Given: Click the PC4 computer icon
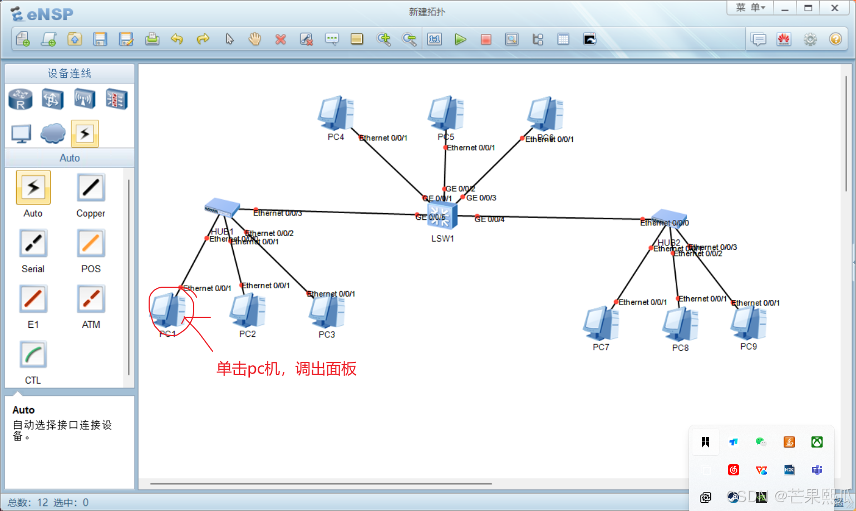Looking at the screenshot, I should click(336, 113).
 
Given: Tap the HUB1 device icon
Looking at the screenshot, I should click(222, 208).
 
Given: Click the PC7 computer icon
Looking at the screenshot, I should click(601, 323).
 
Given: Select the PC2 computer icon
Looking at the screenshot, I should click(248, 311).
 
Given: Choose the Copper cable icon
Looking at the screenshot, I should click(91, 188).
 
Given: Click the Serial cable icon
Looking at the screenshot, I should click(33, 244).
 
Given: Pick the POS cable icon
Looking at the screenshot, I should click(91, 244).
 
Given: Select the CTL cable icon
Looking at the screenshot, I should click(33, 355).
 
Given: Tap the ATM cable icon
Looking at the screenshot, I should click(91, 299).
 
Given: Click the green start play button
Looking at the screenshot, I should click(460, 39).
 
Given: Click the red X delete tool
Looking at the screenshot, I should click(281, 39).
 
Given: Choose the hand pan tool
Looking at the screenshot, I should click(255, 39).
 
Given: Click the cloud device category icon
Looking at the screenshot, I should click(53, 133).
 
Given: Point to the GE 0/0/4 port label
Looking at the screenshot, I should click(489, 219).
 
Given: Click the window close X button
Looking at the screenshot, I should click(834, 8).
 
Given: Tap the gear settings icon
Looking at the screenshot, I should click(810, 39).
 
